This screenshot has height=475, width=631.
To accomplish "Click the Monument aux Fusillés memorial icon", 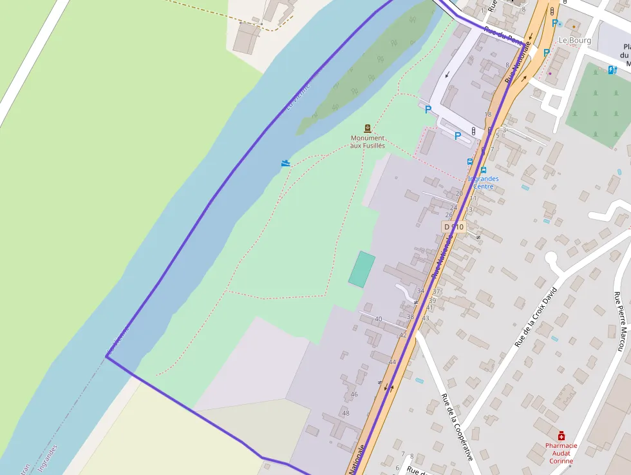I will [368, 128].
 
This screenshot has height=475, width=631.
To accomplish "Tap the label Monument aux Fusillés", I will [368, 142].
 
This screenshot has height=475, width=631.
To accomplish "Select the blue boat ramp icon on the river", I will [286, 164].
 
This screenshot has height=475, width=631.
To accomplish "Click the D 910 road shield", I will [453, 227].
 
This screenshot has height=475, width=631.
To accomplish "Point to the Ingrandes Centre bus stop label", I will [483, 182].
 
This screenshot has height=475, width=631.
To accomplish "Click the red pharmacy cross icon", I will [561, 436].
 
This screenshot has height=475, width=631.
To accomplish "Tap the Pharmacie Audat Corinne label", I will [561, 453].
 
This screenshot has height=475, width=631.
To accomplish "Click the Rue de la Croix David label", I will [535, 317].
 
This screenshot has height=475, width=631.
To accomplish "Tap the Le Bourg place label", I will [574, 40].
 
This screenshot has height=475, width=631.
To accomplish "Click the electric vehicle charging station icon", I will [612, 70].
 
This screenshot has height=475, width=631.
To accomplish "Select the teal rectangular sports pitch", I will [362, 269].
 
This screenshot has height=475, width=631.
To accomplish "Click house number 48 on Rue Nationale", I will [346, 413].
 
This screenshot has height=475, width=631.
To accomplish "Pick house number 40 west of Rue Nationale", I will [378, 319].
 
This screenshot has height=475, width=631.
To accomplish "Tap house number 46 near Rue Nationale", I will [353, 394].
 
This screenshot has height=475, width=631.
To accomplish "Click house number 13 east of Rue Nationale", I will [469, 209].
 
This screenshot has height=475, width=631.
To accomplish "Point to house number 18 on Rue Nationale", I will [487, 114].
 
